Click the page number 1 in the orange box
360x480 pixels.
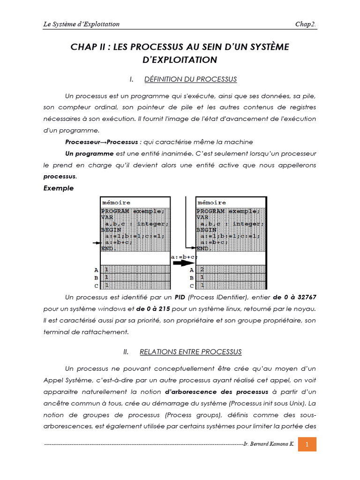(307, 444)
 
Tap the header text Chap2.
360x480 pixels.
(306, 24)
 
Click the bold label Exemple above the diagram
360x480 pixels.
(59, 188)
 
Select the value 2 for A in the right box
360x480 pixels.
(202, 270)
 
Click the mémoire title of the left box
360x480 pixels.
(116, 202)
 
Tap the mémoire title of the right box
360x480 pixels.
(212, 202)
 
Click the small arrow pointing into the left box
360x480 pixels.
(97, 243)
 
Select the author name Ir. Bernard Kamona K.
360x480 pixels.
(269, 444)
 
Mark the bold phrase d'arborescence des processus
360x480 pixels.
(216, 391)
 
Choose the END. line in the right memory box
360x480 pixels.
(204, 248)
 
